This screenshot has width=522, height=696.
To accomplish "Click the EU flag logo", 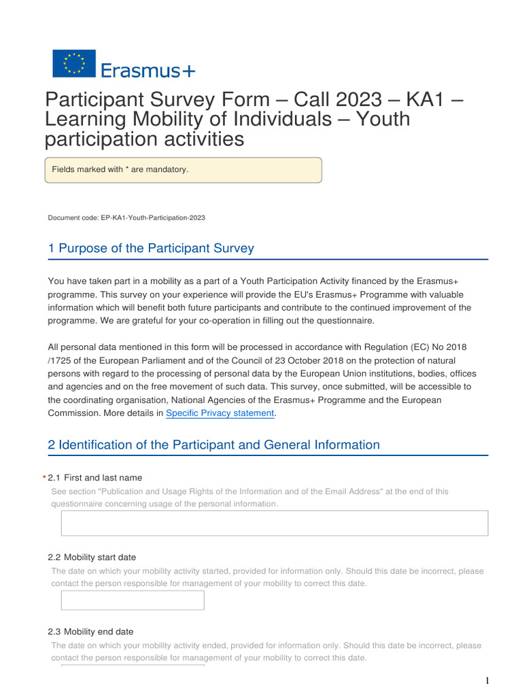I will point(74,63).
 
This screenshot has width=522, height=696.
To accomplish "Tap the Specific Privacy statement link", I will point(220,413).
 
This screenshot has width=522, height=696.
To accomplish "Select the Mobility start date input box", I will point(133,600).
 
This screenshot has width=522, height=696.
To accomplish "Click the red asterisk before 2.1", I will point(43,478).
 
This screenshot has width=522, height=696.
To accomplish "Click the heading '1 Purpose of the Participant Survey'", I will point(151,248).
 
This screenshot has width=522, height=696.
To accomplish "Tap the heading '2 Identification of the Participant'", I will point(213,445).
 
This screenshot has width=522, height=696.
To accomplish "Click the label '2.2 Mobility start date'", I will point(92,557).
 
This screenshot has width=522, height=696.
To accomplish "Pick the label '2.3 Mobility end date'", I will point(90,631).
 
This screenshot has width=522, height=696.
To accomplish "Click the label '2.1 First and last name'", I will point(95,478).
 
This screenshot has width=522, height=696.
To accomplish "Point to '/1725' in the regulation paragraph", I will point(60,360).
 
